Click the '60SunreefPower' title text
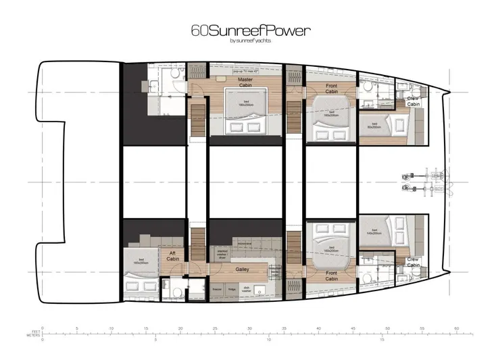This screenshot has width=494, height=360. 246,31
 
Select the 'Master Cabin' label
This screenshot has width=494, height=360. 245,82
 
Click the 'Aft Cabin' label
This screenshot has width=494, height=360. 174,257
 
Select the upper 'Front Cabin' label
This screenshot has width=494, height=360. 331,87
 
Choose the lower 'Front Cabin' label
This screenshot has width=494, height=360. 331,275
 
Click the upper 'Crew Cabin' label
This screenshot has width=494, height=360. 413,101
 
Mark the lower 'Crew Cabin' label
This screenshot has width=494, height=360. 413,261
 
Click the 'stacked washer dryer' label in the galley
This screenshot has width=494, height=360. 221,255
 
